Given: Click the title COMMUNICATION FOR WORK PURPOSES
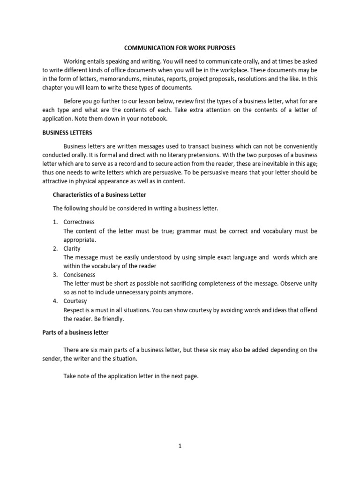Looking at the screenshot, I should (x=180, y=48).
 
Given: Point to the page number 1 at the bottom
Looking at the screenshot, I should (x=180, y=446).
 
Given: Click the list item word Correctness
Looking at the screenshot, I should (x=79, y=222).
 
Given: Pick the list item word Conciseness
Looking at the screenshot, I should (x=79, y=275).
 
